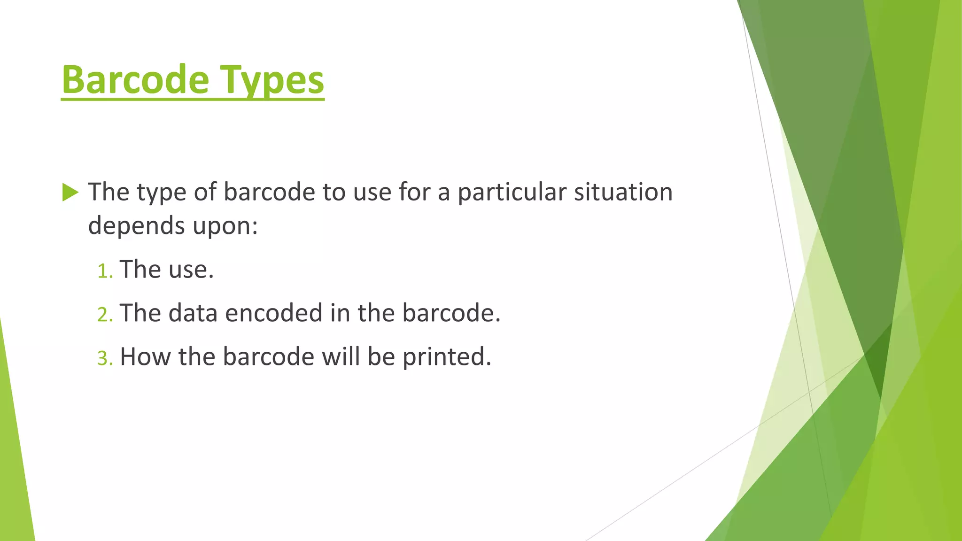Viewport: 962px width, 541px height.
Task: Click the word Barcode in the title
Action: pyautogui.click(x=135, y=80)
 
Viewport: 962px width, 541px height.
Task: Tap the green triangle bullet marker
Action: pyautogui.click(x=70, y=193)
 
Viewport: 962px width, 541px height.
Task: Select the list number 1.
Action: pyautogui.click(x=104, y=271)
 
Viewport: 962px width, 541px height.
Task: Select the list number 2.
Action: pyautogui.click(x=105, y=315)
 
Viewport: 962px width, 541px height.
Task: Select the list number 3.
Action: pyautogui.click(x=105, y=358)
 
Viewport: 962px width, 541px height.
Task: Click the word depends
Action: pyautogui.click(x=136, y=226)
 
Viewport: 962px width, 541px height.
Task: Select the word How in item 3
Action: pyautogui.click(x=145, y=356)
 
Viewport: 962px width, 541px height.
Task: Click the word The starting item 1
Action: pyautogui.click(x=140, y=270)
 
